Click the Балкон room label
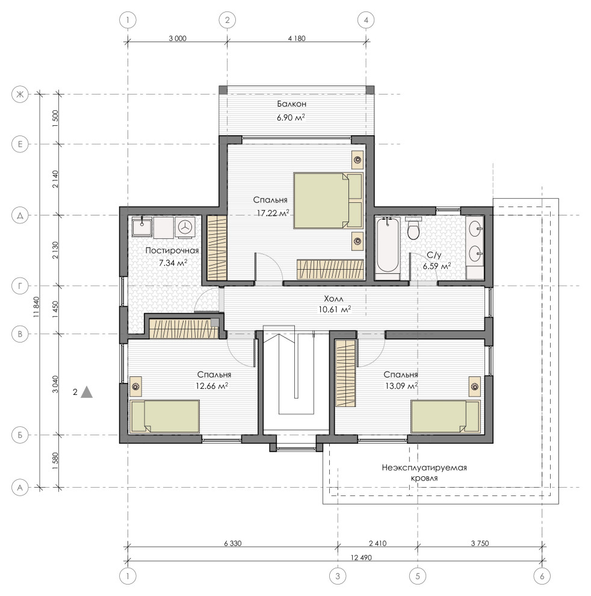click(x=291, y=104)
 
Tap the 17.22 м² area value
click(x=273, y=213)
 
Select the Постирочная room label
click(x=172, y=250)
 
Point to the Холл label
click(x=333, y=299)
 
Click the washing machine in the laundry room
click(x=185, y=228)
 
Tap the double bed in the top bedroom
click(x=329, y=200)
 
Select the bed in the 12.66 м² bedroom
click(x=164, y=416)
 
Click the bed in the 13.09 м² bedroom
click(x=445, y=416)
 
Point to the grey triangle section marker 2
click(x=87, y=392)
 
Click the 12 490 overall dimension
click(x=361, y=557)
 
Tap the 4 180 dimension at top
click(x=297, y=38)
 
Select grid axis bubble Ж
click(x=20, y=94)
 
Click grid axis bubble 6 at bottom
click(x=542, y=576)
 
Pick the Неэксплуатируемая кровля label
click(x=424, y=473)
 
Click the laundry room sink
click(x=142, y=227)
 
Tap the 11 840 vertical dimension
click(x=37, y=307)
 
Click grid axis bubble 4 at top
click(x=366, y=20)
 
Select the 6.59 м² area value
click(x=437, y=265)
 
